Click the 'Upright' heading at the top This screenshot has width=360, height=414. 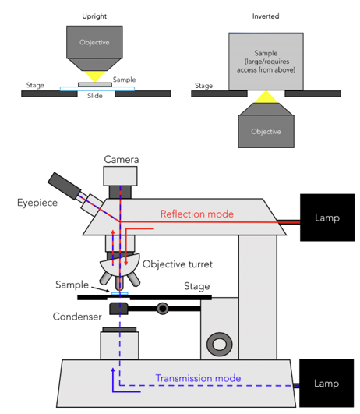(x=94, y=16)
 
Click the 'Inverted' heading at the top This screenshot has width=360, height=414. (x=265, y=16)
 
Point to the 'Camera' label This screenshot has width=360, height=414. (x=121, y=159)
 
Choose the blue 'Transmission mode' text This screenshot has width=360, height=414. (x=198, y=378)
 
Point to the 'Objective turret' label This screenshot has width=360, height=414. (x=178, y=264)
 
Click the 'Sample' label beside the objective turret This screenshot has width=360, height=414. (x=72, y=285)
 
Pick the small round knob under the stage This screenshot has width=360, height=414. (x=162, y=309)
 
